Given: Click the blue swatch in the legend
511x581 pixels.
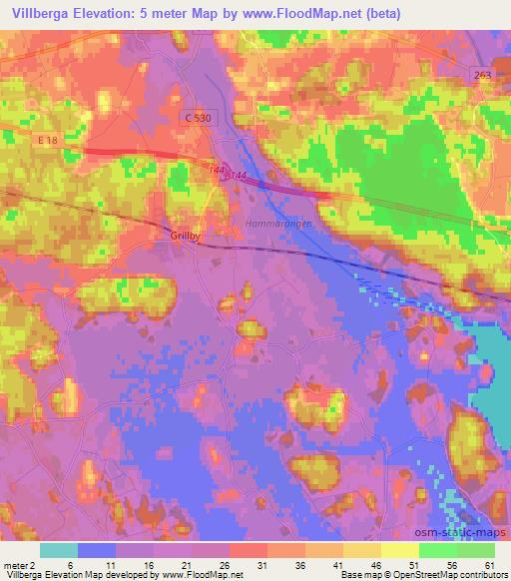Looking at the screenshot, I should coord(97,550).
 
